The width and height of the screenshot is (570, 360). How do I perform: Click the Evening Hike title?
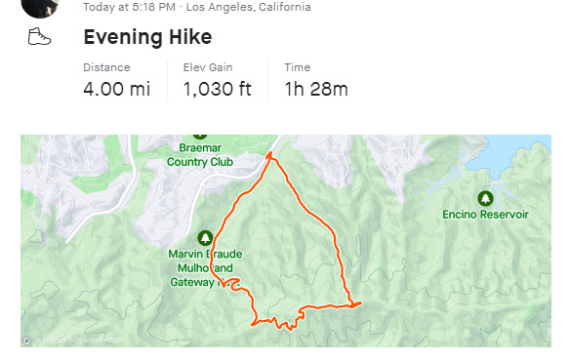[147, 38]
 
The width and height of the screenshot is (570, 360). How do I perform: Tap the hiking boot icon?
[39, 37]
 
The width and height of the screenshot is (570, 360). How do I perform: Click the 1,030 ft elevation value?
[217, 90]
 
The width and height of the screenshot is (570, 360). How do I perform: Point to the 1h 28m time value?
[315, 90]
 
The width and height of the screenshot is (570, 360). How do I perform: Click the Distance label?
[105, 67]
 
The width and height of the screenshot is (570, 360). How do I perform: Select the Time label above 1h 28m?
[297, 67]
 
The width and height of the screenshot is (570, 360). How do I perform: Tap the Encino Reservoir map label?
[484, 214]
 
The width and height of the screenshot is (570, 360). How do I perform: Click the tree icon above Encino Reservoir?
[485, 198]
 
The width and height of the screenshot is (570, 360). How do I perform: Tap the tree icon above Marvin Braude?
[205, 238]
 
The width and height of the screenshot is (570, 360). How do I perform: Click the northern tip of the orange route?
[272, 155]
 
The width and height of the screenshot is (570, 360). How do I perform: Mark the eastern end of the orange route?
[361, 303]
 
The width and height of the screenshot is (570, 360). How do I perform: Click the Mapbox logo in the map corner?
[27, 340]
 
